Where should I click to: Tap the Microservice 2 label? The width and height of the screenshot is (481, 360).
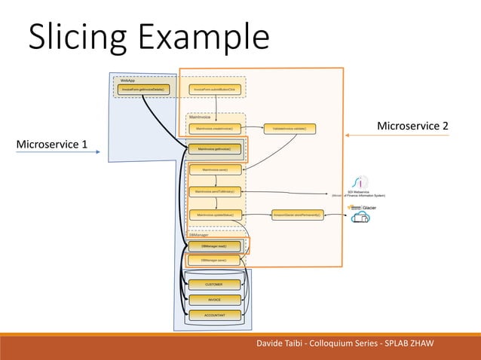pyautogui.click(x=412, y=125)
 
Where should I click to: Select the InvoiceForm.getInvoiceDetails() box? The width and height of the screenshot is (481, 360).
pyautogui.click(x=143, y=90)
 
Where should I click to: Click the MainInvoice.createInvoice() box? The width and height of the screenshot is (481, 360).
pyautogui.click(x=215, y=129)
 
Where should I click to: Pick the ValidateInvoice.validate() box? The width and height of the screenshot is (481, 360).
pyautogui.click(x=290, y=129)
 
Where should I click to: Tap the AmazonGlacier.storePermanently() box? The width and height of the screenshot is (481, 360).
pyautogui.click(x=296, y=215)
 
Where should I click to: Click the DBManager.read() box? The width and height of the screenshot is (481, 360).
pyautogui.click(x=214, y=246)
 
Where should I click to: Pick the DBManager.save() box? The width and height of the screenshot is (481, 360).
pyautogui.click(x=214, y=260)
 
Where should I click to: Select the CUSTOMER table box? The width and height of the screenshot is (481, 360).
pyautogui.click(x=214, y=285)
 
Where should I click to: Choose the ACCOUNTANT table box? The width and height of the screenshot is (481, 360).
pyautogui.click(x=214, y=314)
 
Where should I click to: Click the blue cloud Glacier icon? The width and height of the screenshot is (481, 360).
pyautogui.click(x=360, y=218)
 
